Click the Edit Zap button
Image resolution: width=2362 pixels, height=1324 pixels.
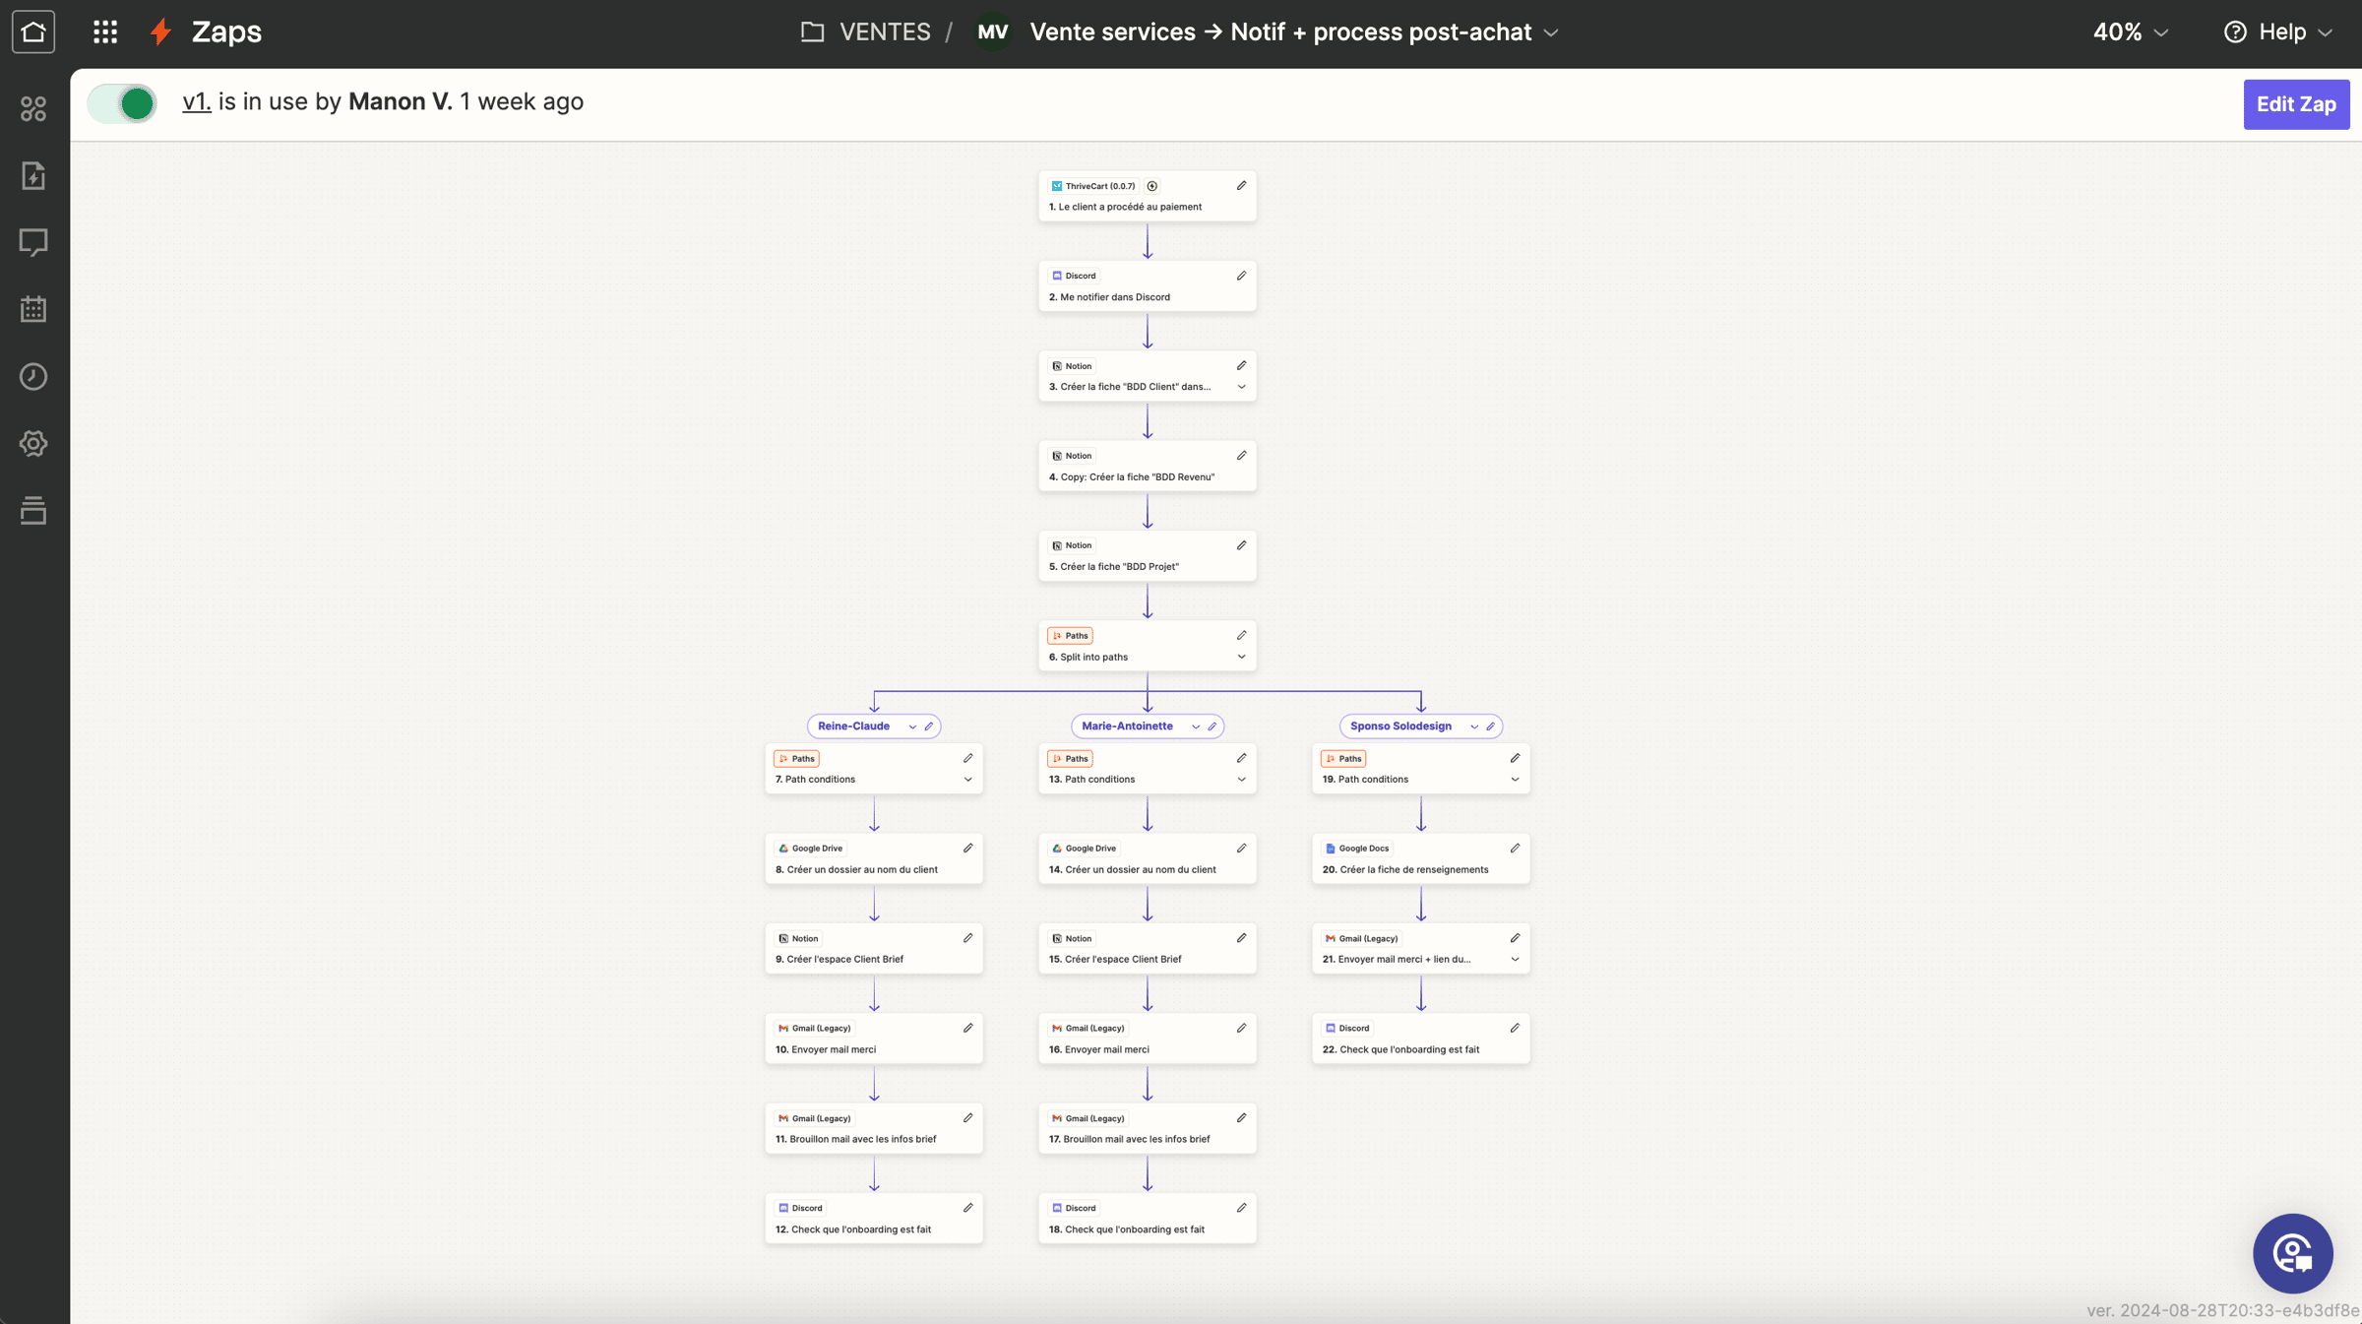[2296, 104]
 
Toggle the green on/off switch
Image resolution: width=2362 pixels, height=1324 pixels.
[122, 103]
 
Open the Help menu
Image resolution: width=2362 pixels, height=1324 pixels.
[2278, 32]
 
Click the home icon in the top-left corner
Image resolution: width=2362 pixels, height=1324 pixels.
[33, 32]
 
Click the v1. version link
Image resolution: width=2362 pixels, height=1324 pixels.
[197, 101]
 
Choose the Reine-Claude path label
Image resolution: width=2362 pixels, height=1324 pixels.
[853, 726]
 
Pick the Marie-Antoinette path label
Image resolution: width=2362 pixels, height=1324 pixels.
[1127, 726]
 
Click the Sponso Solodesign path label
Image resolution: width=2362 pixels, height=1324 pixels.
[1400, 726]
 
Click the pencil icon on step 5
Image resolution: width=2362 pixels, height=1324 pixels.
[1242, 545]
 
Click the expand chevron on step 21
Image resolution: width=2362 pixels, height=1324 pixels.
[1516, 960]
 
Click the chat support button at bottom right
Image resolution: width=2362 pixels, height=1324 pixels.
[2293, 1253]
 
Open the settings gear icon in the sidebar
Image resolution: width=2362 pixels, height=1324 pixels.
[33, 444]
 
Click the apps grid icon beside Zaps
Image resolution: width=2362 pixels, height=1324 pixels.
[105, 32]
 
